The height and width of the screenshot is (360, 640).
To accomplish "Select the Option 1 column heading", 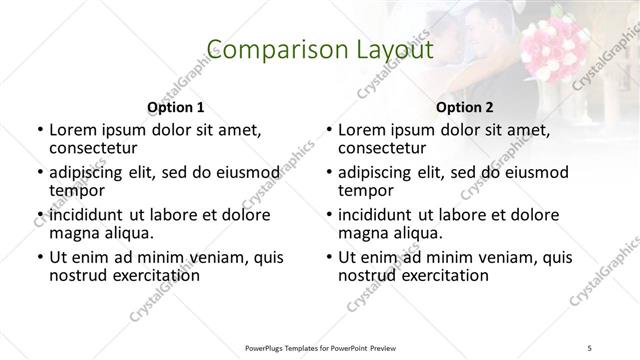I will (175, 107).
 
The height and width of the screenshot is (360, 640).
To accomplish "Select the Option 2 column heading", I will (465, 107).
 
